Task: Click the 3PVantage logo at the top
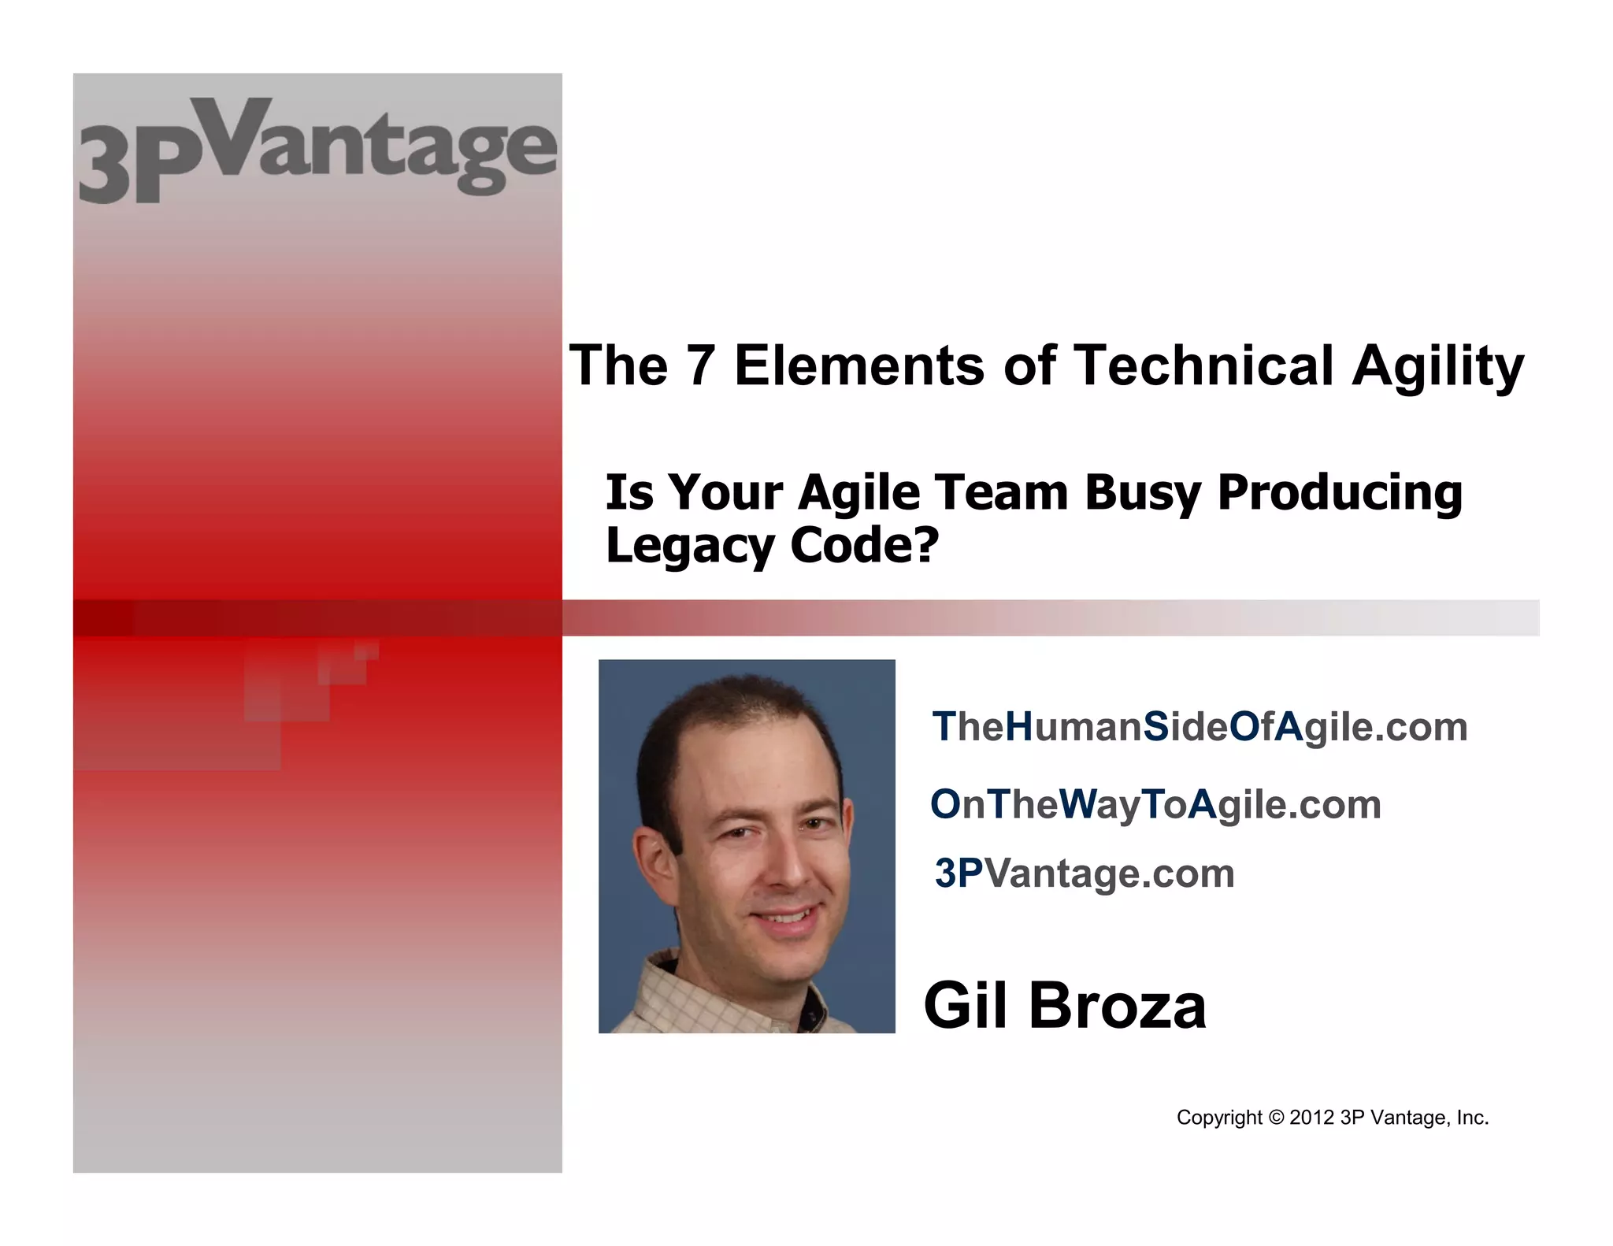pos(317,150)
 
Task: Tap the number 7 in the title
pos(700,365)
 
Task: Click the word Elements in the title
pos(859,365)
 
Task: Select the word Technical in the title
pos(1203,365)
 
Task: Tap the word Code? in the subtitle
pos(865,545)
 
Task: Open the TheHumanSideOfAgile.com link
pos(1200,726)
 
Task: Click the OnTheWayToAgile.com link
pos(1155,804)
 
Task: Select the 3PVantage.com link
pos(1085,873)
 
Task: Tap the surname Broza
pos(1118,1006)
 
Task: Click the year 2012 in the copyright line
pos(1311,1118)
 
